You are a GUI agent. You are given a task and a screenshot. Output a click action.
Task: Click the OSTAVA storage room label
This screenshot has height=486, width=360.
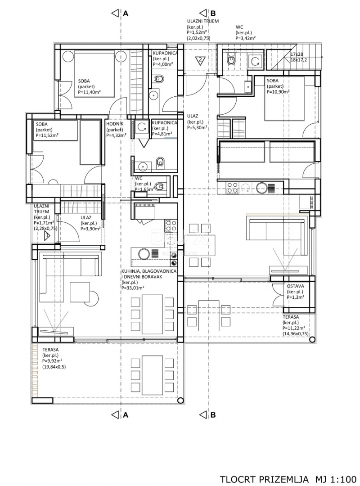[295, 286]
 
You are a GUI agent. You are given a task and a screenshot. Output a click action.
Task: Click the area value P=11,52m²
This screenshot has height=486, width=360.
[47, 135]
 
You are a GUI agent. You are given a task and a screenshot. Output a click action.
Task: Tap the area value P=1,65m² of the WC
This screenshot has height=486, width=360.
[144, 190]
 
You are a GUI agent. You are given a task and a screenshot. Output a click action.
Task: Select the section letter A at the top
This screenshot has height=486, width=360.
[126, 13]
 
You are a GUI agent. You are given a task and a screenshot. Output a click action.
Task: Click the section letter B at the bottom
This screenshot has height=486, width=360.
[213, 415]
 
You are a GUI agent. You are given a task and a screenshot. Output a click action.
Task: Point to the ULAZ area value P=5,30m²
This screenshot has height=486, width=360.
[198, 127]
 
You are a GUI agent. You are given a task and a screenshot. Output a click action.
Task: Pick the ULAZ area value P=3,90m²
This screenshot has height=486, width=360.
[90, 228]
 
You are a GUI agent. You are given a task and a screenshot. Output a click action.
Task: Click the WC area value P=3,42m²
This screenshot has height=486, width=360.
[246, 38]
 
